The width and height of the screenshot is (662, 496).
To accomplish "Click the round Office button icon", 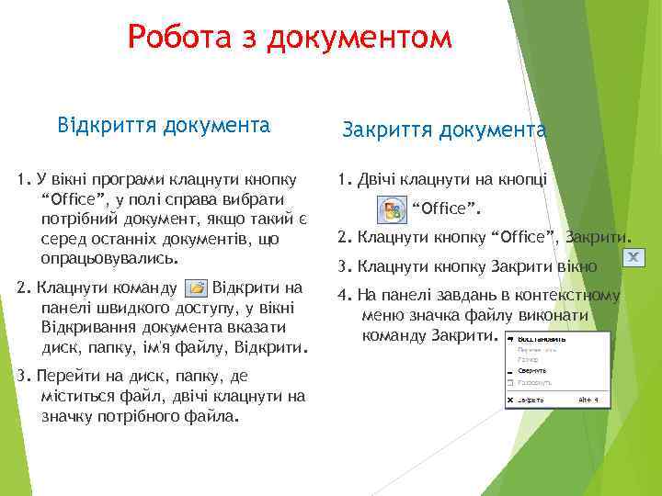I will pyautogui.click(x=394, y=210).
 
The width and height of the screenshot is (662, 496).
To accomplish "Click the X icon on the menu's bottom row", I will pyautogui.click(x=510, y=400).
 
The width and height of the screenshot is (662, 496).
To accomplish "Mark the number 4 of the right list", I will pyautogui.click(x=343, y=296).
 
